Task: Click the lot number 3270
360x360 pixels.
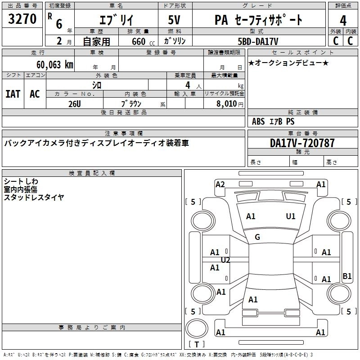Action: (x=22, y=19)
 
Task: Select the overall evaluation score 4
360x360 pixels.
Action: (x=343, y=21)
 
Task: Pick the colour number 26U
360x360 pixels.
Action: (x=75, y=103)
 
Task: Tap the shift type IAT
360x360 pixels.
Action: (x=13, y=94)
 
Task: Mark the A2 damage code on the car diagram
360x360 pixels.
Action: (x=220, y=184)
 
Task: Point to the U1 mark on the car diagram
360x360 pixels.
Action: (x=291, y=216)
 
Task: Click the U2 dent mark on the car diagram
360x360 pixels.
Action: (x=225, y=260)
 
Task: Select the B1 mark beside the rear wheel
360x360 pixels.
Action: (x=347, y=276)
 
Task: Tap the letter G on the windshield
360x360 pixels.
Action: (x=257, y=237)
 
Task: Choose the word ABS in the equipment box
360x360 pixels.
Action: (x=258, y=121)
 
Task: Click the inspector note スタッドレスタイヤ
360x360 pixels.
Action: (x=34, y=197)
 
